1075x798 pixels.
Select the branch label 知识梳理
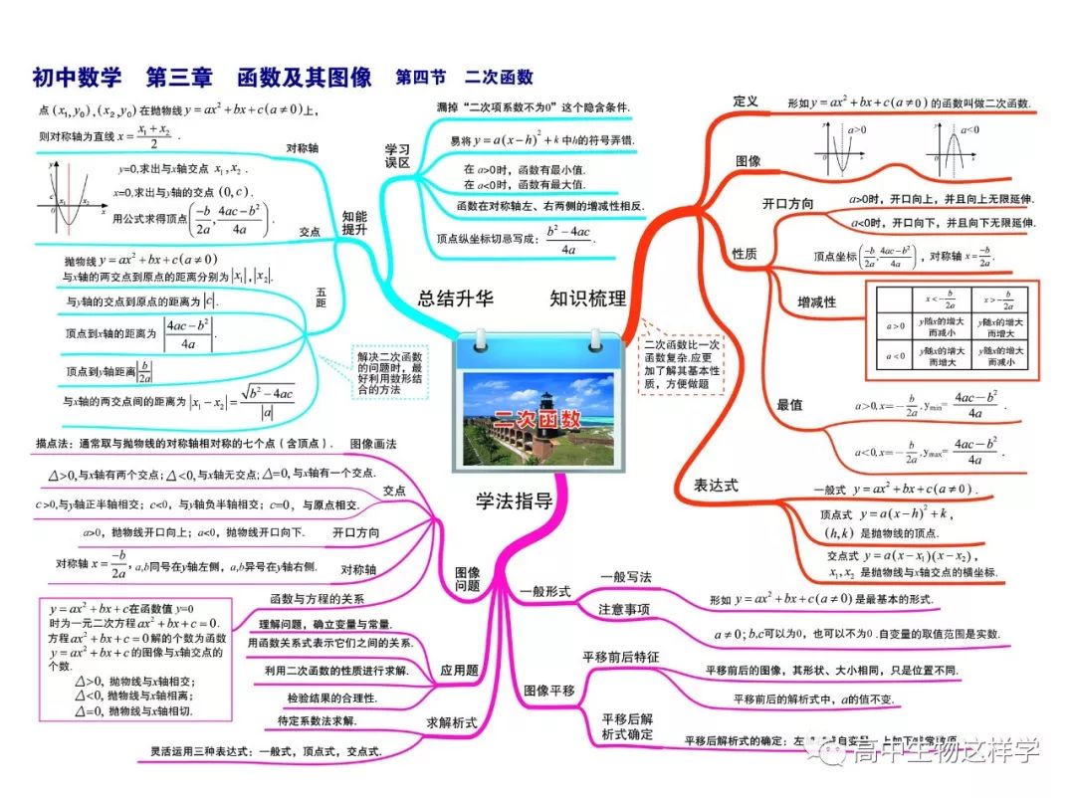tap(588, 299)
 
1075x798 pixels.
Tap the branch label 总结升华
tap(455, 299)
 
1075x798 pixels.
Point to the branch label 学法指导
tap(514, 500)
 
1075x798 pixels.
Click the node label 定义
tap(746, 101)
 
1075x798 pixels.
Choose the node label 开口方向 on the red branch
tap(787, 204)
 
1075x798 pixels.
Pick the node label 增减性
tap(816, 301)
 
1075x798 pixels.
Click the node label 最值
tap(789, 404)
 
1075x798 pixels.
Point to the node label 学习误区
tap(397, 156)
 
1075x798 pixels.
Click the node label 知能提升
tap(354, 221)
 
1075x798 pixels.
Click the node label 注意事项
tap(624, 609)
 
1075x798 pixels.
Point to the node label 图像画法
tap(373, 443)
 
